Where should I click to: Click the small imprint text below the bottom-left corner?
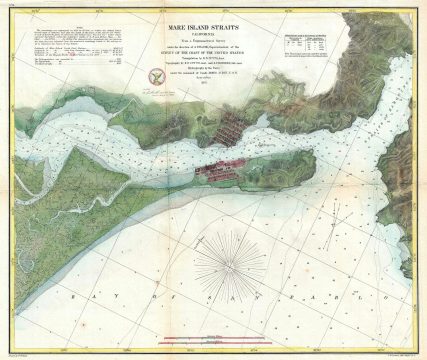pyautogui.click(x=20, y=353)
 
